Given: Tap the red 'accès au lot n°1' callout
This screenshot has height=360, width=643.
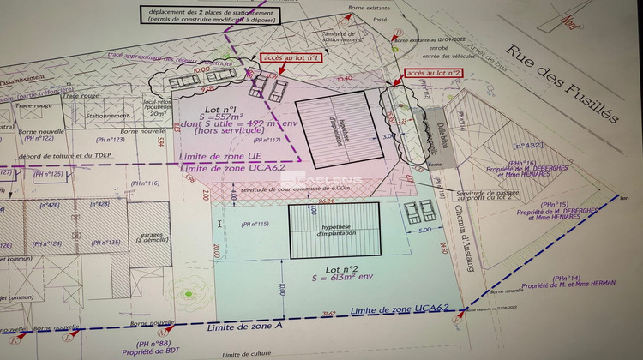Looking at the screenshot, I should pos(291,58).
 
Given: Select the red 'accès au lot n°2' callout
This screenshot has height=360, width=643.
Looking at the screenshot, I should pos(433,74).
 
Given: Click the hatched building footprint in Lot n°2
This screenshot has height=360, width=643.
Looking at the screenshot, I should pos(335,229).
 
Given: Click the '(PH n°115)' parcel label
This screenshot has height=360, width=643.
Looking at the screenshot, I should pos(255,225).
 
